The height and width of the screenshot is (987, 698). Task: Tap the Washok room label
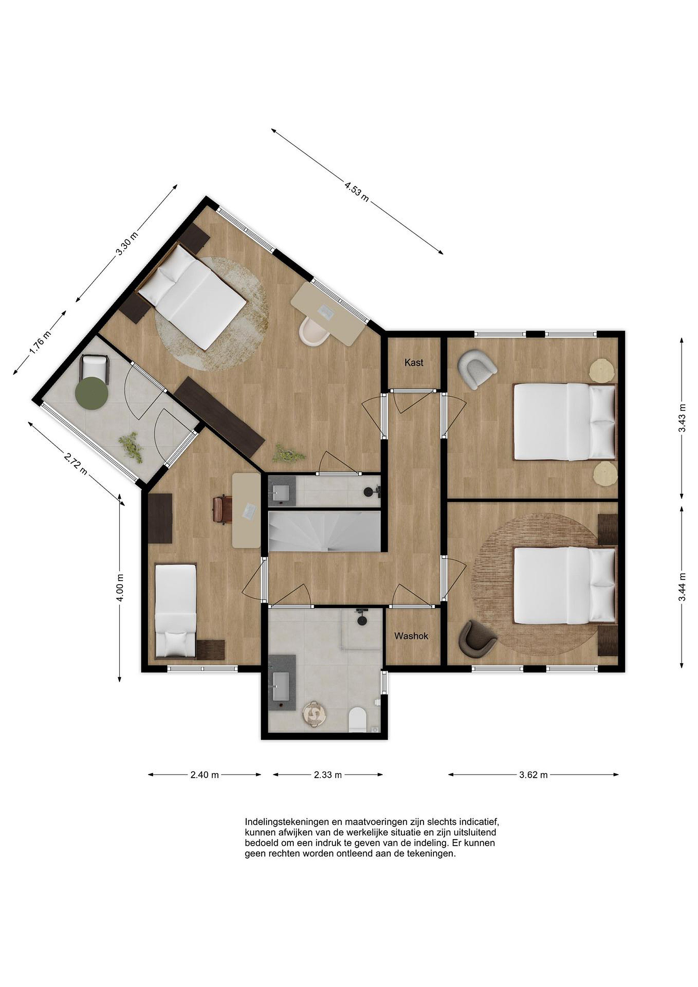pyautogui.click(x=411, y=636)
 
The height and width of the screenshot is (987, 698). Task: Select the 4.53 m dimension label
pyautogui.click(x=357, y=191)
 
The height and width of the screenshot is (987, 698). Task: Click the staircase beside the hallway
pyautogui.click(x=324, y=531)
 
